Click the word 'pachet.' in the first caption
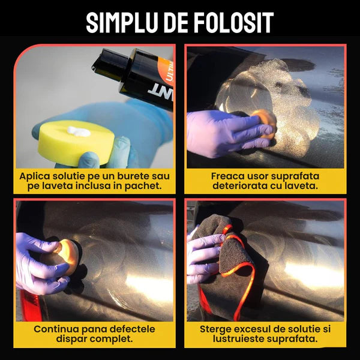coord(145,187)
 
